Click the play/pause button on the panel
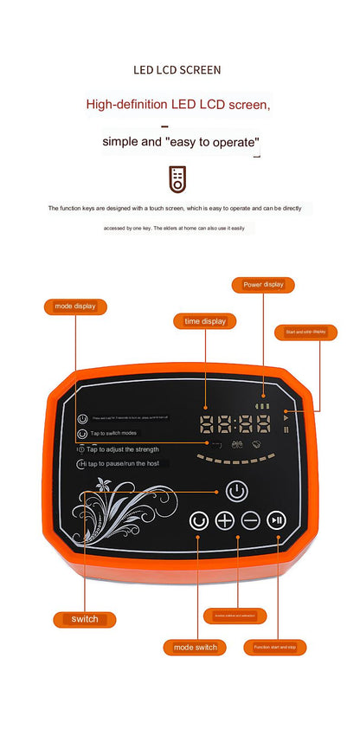pyautogui.click(x=276, y=520)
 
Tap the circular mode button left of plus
pyautogui.click(x=200, y=520)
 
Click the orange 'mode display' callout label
pyautogui.click(x=75, y=306)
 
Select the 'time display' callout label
pyautogui.click(x=205, y=321)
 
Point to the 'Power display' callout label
pyautogui.click(x=263, y=284)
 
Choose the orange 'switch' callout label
pyautogui.click(x=85, y=619)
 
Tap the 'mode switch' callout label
pyautogui.click(x=195, y=647)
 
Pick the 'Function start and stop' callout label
pyautogui.click(x=275, y=647)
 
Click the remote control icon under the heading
pyautogui.click(x=177, y=179)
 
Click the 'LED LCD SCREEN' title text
pyautogui.click(x=177, y=69)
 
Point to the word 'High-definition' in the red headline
pyautogui.click(x=125, y=105)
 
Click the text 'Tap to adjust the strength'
pyautogui.click(x=125, y=449)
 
